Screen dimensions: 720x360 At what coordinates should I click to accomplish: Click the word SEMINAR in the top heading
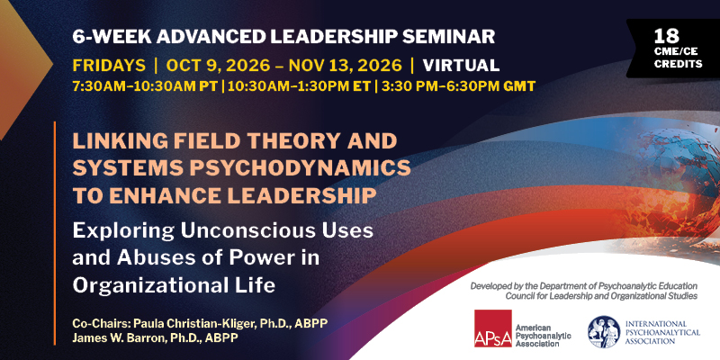coord(448,37)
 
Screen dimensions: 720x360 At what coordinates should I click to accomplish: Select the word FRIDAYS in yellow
coord(109,65)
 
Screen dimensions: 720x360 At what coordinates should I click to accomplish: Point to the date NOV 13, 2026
coord(345,65)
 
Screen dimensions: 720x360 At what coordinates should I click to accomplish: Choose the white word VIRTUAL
coord(461,65)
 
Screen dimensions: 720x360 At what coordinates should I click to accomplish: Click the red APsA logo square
coord(492,328)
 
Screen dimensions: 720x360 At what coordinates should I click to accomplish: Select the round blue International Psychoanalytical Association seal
coord(604,331)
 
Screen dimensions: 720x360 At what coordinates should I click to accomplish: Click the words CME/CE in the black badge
coord(678,53)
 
